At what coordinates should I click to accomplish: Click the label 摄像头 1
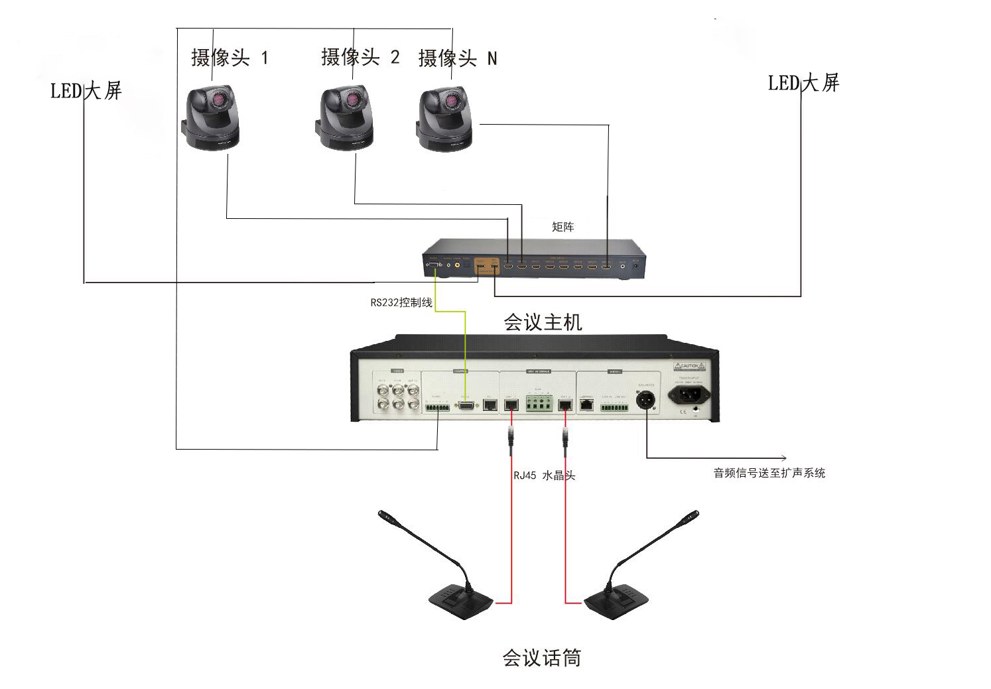[x=230, y=58]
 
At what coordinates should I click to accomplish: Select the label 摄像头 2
[x=360, y=57]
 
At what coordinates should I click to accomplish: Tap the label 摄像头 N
[x=457, y=58]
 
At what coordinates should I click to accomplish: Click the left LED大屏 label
[x=86, y=90]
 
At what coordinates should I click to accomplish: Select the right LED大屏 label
[x=803, y=84]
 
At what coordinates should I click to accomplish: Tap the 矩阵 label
[x=562, y=227]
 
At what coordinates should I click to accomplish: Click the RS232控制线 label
[x=401, y=303]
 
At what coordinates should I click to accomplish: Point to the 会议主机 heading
[x=543, y=323]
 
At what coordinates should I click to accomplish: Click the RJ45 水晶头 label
[x=544, y=475]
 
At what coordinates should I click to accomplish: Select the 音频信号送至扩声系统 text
[x=769, y=473]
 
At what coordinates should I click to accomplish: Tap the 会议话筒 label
[x=541, y=658]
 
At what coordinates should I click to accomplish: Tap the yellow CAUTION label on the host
[x=689, y=366]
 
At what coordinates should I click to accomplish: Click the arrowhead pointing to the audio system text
[x=784, y=458]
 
